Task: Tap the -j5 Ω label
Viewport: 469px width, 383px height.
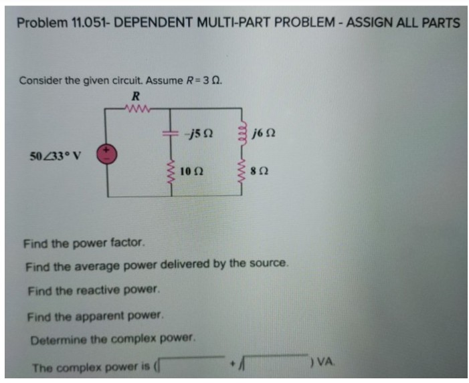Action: pyautogui.click(x=199, y=134)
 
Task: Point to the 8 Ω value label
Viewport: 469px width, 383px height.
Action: pyautogui.click(x=262, y=173)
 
